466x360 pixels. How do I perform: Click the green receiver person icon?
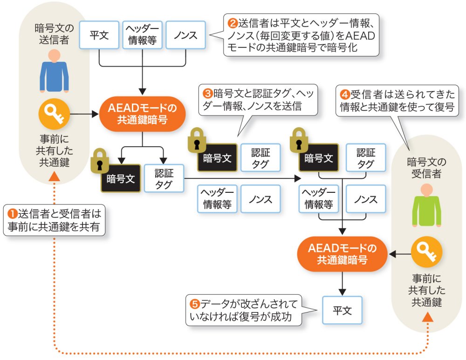click(x=426, y=205)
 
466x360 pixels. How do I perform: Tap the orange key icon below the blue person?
click(x=54, y=113)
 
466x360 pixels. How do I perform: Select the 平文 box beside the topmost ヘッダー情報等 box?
click(x=99, y=35)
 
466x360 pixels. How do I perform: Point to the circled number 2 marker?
click(x=232, y=22)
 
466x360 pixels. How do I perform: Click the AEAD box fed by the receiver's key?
click(x=343, y=254)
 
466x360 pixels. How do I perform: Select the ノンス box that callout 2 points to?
click(x=185, y=35)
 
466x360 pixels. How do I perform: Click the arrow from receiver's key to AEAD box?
click(x=399, y=254)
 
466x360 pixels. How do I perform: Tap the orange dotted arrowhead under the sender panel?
click(x=54, y=176)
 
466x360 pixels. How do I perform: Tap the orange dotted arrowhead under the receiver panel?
click(x=426, y=318)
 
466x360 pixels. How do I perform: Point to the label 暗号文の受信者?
click(x=426, y=168)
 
